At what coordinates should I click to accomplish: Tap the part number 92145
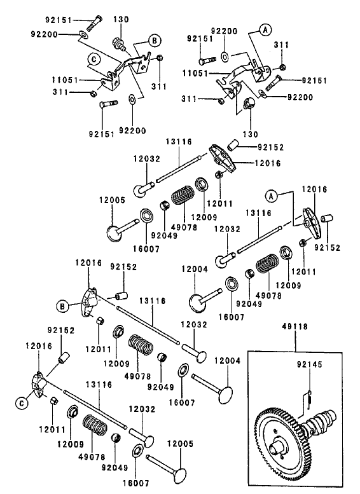[x=308, y=366]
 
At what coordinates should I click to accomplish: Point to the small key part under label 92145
[x=307, y=398]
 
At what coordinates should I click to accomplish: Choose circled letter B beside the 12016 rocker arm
[x=65, y=306]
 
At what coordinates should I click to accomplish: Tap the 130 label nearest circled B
[x=121, y=20]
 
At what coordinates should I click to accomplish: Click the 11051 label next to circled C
[x=65, y=80]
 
